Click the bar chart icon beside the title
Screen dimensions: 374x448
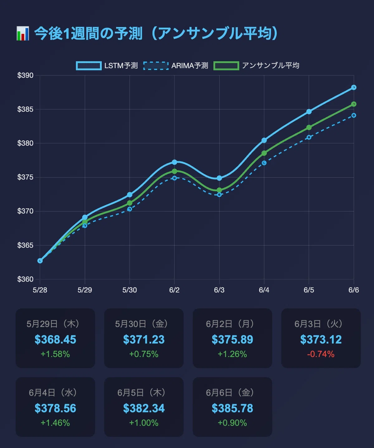click(x=23, y=33)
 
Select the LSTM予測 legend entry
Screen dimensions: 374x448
click(x=107, y=66)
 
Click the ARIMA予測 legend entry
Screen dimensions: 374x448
click(x=175, y=66)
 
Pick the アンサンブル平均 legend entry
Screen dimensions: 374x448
click(x=256, y=66)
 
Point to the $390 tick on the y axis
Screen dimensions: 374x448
click(x=25, y=75)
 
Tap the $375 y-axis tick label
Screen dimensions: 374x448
click(x=25, y=177)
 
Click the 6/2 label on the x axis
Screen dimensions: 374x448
click(x=174, y=290)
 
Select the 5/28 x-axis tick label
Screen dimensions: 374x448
click(x=40, y=290)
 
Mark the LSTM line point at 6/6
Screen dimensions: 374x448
click(x=354, y=87)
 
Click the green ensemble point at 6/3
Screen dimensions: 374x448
click(x=219, y=190)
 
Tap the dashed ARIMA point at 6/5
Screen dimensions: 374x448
click(x=309, y=137)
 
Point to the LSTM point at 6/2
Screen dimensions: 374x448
click(x=175, y=162)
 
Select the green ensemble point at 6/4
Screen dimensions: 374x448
click(x=264, y=153)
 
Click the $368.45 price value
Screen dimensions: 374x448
click(x=55, y=340)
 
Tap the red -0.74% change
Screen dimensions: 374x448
click(x=321, y=354)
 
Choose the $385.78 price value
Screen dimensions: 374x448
click(x=233, y=408)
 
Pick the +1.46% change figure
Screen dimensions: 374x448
click(x=55, y=423)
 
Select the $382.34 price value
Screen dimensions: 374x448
click(x=144, y=408)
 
